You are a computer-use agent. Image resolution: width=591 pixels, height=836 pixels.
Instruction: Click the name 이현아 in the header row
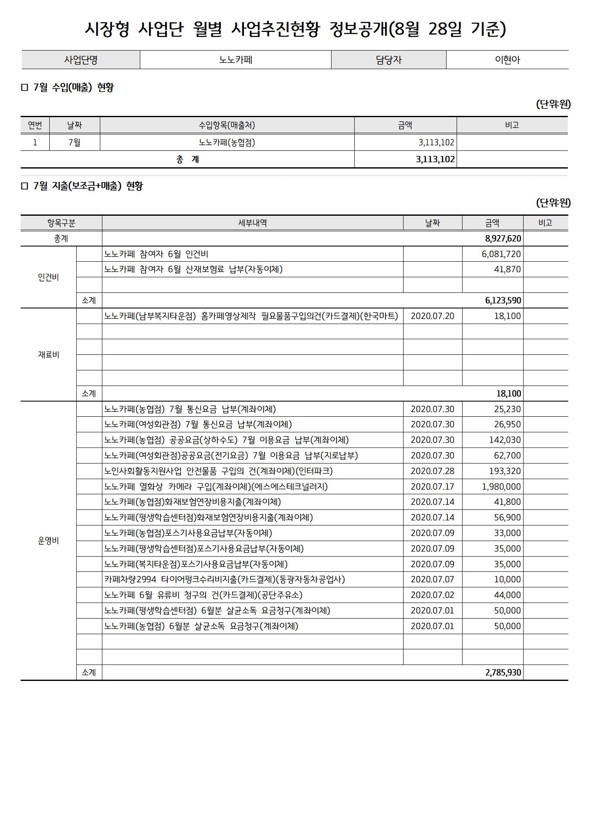(507, 60)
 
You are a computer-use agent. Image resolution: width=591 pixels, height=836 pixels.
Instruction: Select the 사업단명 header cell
(80, 60)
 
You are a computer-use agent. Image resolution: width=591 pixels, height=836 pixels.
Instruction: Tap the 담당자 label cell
(388, 60)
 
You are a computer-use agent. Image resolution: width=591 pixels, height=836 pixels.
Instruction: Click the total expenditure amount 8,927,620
(503, 238)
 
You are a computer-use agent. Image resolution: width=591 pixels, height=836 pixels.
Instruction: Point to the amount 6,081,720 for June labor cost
(501, 254)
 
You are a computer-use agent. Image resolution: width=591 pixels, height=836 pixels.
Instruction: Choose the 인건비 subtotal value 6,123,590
(503, 300)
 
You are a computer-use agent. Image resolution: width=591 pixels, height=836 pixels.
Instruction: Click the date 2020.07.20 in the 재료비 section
(432, 316)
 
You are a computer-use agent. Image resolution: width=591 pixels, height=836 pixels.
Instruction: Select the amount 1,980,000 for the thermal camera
(501, 487)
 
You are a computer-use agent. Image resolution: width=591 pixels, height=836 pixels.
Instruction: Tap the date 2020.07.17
(432, 487)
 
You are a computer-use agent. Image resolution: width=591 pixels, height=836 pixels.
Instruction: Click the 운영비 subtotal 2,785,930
(503, 673)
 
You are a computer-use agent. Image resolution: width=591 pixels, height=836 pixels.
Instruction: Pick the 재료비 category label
(48, 355)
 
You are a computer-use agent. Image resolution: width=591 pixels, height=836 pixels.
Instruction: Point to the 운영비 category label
(48, 541)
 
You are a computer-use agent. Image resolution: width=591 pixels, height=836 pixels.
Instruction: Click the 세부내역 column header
(252, 223)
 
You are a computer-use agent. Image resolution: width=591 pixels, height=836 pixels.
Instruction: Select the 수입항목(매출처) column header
(227, 125)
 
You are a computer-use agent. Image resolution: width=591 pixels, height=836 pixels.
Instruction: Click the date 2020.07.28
(432, 471)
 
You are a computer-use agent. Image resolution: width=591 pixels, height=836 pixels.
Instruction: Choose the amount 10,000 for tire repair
(507, 579)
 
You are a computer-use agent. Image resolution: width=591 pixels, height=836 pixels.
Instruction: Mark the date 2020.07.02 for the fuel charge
(432, 595)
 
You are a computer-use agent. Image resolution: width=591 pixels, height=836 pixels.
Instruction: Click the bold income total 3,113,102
(435, 159)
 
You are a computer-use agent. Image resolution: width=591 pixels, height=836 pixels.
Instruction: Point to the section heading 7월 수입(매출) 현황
(73, 88)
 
